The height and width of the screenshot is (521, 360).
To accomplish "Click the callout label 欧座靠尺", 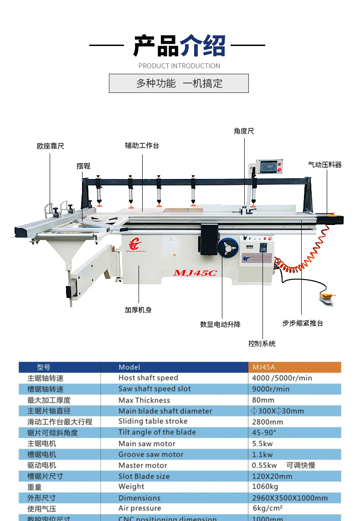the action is [50, 146].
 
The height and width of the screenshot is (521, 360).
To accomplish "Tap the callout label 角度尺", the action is [244, 131].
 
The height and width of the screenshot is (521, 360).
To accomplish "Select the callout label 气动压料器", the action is [324, 164].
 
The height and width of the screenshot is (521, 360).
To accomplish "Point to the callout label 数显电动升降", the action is [220, 324].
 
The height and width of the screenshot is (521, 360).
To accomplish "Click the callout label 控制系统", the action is [262, 343].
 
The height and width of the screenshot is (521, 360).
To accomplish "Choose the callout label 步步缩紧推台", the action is [303, 323].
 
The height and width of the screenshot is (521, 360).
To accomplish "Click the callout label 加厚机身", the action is [138, 310].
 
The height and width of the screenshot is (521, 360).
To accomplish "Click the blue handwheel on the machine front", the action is [228, 250].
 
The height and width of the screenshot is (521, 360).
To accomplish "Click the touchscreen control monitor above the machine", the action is [269, 167].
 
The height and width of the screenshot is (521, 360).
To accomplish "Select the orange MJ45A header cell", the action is [294, 367].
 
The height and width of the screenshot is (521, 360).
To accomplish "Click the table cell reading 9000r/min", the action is [271, 389].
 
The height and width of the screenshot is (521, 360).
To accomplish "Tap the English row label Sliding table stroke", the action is [153, 421].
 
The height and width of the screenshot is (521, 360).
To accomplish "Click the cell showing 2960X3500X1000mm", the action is [290, 498].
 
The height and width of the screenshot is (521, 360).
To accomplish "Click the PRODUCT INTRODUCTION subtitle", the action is [179, 66].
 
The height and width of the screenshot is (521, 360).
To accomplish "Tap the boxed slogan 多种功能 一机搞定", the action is [179, 83].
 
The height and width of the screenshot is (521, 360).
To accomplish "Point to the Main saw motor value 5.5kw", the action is [262, 443].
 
